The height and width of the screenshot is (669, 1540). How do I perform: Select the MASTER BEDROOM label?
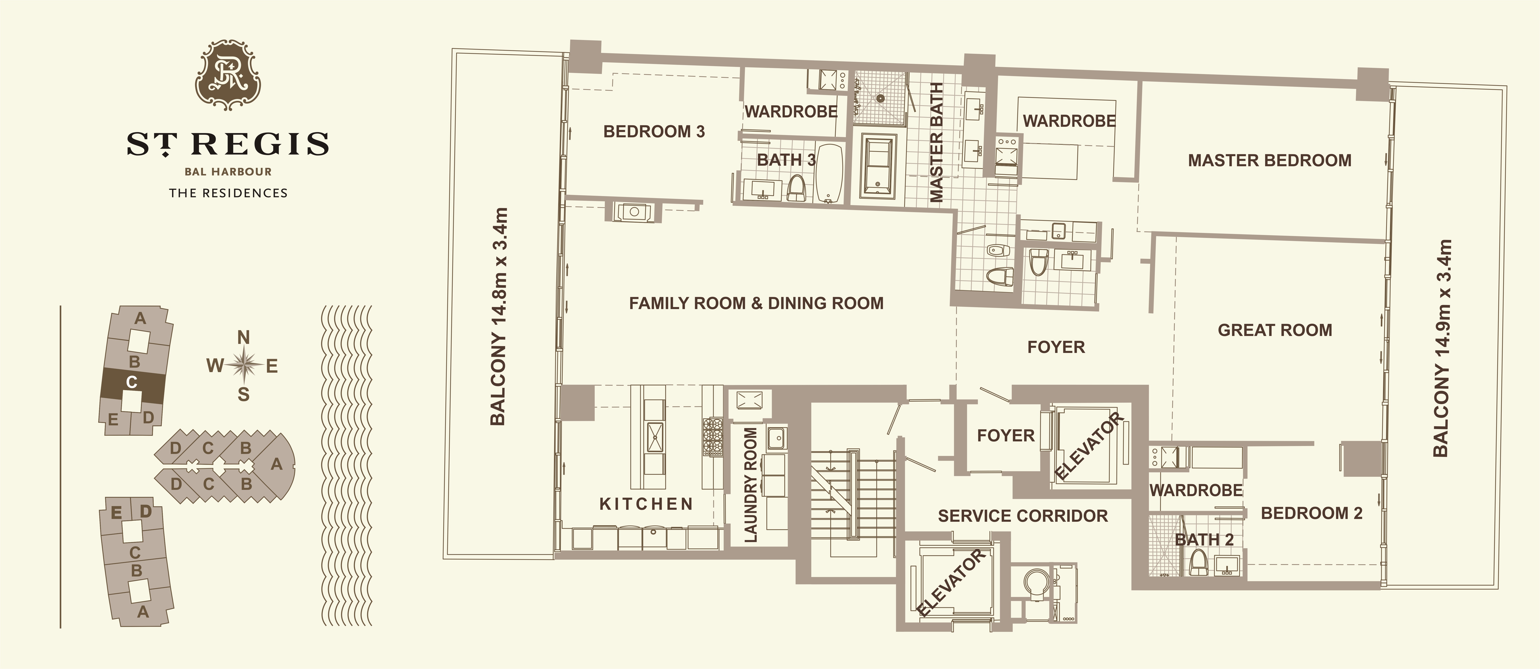[x=1270, y=160]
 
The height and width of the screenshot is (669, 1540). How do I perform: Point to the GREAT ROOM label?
[x=1275, y=330]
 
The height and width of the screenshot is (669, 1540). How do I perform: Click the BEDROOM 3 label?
[x=654, y=132]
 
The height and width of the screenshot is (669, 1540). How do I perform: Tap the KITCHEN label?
[x=646, y=504]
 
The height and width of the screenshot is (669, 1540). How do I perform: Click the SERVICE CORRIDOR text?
[x=1023, y=516]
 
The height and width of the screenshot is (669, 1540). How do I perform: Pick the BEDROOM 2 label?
[x=1312, y=513]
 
